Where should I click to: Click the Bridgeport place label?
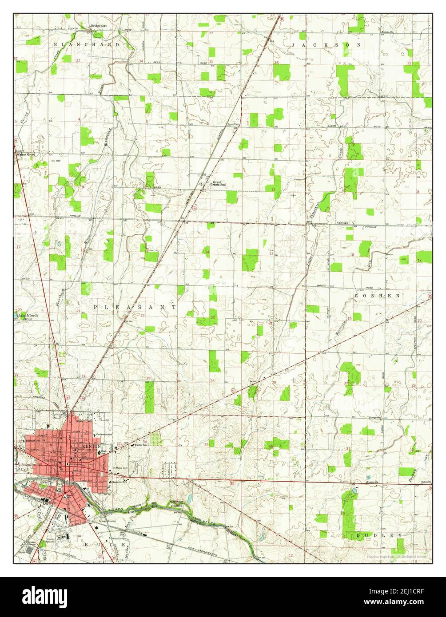99,26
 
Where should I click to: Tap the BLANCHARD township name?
87,45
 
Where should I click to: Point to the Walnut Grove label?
24,154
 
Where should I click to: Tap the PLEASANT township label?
135,307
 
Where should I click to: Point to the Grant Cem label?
234,124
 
